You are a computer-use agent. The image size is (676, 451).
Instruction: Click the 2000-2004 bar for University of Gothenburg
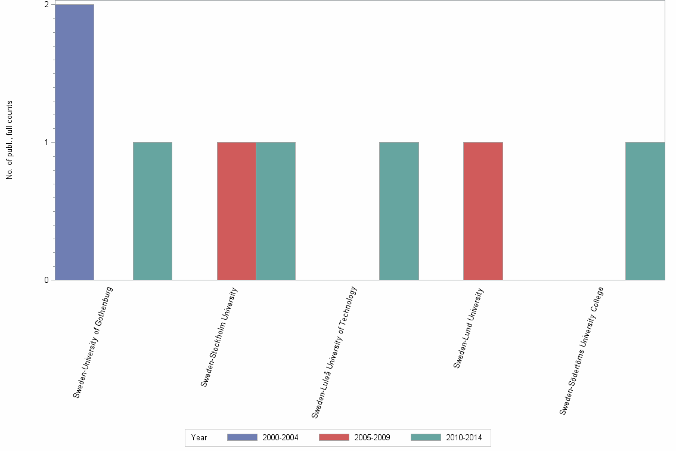point(75,142)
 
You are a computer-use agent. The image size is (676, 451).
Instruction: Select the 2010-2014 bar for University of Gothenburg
point(153,211)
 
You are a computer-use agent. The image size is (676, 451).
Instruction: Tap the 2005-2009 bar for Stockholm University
point(237,211)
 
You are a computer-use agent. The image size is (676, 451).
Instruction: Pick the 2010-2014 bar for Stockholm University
point(275,211)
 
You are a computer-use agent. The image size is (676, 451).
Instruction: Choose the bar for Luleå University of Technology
point(399,211)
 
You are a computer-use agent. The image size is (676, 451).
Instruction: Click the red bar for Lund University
point(483,211)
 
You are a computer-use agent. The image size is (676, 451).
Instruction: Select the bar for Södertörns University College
point(645,211)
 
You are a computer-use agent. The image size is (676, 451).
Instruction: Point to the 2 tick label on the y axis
point(46,5)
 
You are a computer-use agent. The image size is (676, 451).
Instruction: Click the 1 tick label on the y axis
point(46,142)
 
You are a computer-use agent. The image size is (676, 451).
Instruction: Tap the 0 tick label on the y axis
point(46,280)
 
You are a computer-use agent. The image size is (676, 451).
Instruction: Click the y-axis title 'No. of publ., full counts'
point(10,141)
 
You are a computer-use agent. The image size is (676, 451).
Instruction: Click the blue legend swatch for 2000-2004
point(242,437)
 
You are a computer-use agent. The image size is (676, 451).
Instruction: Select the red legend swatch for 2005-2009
point(334,437)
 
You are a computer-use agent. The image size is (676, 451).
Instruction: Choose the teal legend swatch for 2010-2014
point(426,437)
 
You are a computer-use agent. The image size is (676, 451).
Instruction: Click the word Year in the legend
point(199,438)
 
